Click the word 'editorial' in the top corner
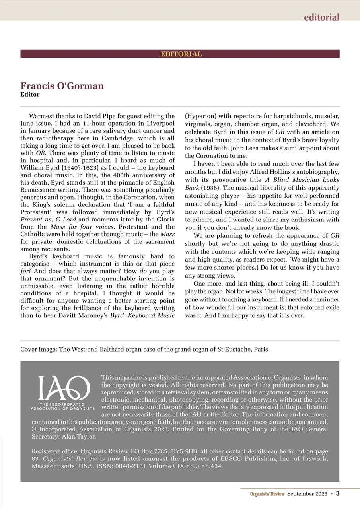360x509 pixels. click(321, 17)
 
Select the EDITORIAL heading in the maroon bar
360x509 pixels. click(181, 54)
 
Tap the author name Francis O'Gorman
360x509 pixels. click(62, 86)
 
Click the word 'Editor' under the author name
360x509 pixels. click(30, 95)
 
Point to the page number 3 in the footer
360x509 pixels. click(337, 493)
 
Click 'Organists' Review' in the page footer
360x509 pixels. click(267, 494)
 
